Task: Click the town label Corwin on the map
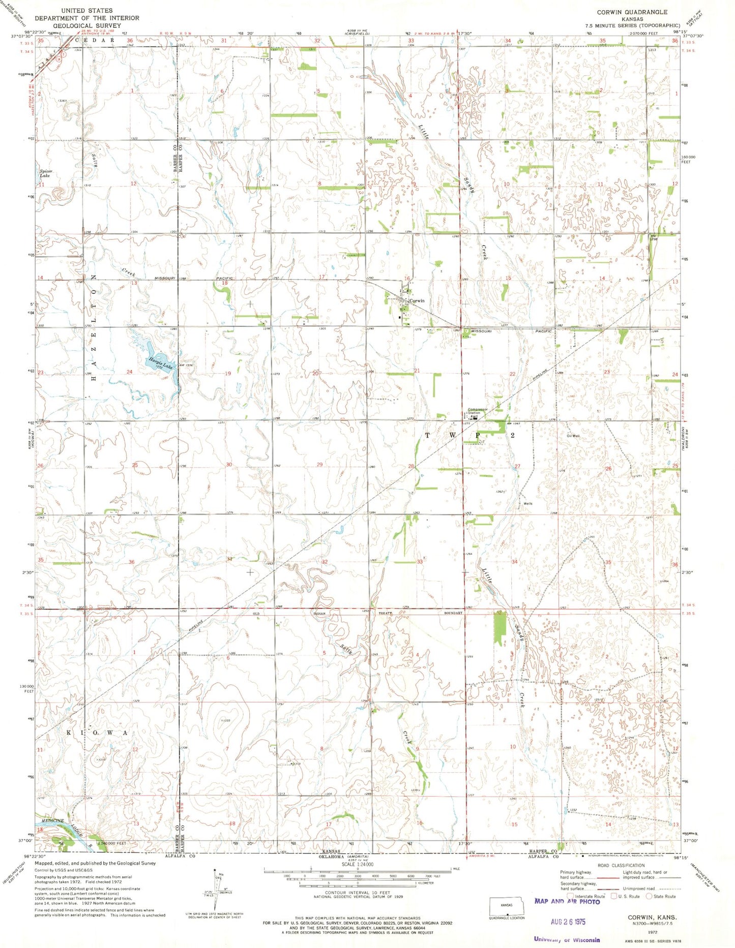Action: coord(417,301)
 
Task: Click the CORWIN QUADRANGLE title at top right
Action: coord(633,12)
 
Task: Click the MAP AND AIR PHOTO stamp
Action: coord(567,901)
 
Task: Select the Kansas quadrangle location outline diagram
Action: coord(507,906)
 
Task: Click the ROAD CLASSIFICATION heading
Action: coord(621,865)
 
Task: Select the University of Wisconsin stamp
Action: coord(567,940)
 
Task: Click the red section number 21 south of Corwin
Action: coord(417,371)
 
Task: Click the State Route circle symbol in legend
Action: coord(649,896)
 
